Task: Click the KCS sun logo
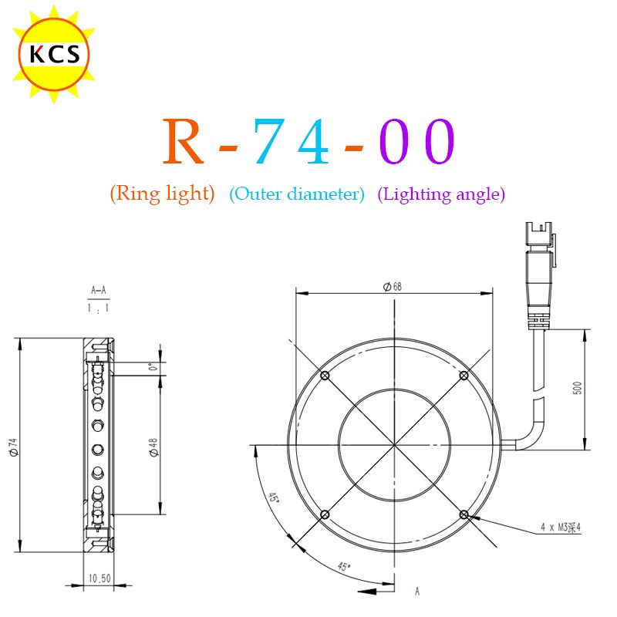54,54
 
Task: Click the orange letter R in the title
184,141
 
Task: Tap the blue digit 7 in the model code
269,141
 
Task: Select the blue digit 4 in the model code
314,141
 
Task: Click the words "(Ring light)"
163,194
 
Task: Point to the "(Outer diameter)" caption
297,194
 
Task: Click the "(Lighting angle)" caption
441,194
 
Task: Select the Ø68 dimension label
393,286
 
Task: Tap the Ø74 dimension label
13,447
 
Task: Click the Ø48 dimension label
153,447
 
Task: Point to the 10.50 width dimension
99,578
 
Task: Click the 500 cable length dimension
577,388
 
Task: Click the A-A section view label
99,291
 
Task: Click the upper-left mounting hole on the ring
325,376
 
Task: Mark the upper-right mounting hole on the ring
464,376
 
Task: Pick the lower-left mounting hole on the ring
325,514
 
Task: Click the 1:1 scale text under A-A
99,308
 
